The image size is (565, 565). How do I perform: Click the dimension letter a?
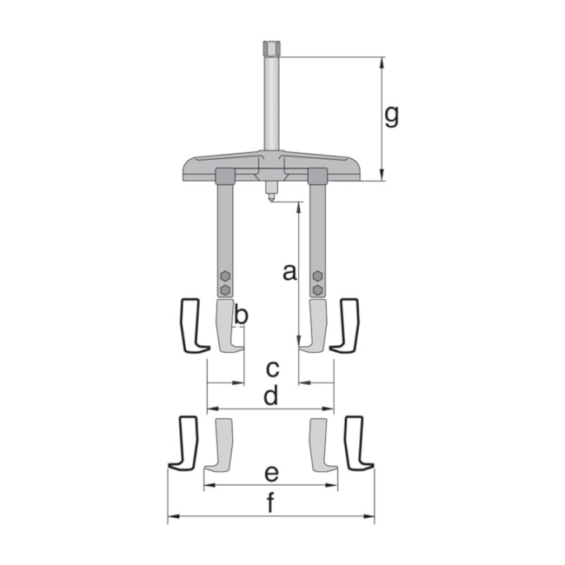[x=289, y=272]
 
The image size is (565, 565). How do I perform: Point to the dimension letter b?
[x=242, y=315]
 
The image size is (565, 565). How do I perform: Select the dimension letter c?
[x=272, y=368]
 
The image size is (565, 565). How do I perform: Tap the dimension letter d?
[x=271, y=396]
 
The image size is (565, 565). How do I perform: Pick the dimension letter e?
[x=271, y=473]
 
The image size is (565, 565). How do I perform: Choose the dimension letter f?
[x=270, y=503]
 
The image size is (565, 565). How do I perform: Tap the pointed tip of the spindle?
[x=270, y=197]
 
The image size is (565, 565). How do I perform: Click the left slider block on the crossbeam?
[x=225, y=176]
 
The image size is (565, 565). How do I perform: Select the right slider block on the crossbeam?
[x=317, y=176]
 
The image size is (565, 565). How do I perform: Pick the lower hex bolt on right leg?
[x=318, y=290]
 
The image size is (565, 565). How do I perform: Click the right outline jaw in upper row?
[x=346, y=326]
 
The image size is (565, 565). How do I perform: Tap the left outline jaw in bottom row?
[x=184, y=443]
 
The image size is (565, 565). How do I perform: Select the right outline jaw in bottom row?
[x=356, y=443]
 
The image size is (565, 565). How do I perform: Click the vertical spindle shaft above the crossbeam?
[x=270, y=104]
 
